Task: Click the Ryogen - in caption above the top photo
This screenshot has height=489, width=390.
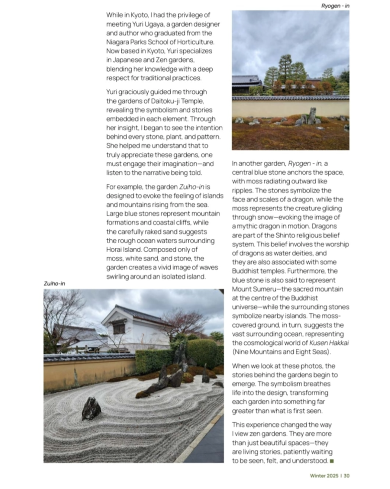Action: coord(335,6)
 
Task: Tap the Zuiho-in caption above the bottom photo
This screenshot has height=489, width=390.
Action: coord(54,283)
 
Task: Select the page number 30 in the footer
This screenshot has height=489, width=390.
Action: coord(347,475)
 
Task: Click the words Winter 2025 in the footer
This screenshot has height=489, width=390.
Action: coord(324,475)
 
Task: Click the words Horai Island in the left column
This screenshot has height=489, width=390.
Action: coord(126,249)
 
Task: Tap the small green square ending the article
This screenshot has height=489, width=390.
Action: coord(332,461)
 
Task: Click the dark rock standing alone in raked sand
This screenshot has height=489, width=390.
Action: coord(91,408)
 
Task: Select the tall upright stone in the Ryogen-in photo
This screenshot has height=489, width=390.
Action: coord(312,116)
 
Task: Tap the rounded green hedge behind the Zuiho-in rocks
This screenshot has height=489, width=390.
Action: coord(201,352)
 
